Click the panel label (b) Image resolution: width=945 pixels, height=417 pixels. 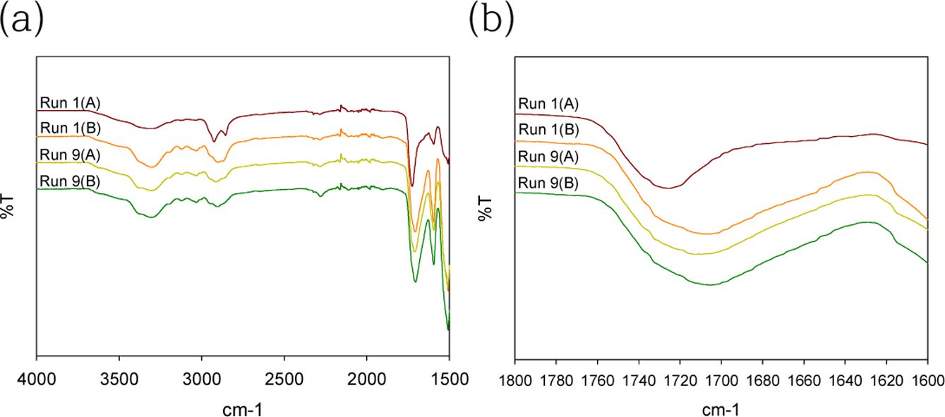pos(491,22)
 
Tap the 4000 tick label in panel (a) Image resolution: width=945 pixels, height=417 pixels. pos(37,380)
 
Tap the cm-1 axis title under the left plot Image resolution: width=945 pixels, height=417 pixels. pos(243,407)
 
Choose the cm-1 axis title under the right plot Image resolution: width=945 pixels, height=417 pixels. pos(721,407)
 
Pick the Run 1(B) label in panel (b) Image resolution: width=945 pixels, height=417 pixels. pos(548,130)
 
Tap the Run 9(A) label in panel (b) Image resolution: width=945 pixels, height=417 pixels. pos(548,156)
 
